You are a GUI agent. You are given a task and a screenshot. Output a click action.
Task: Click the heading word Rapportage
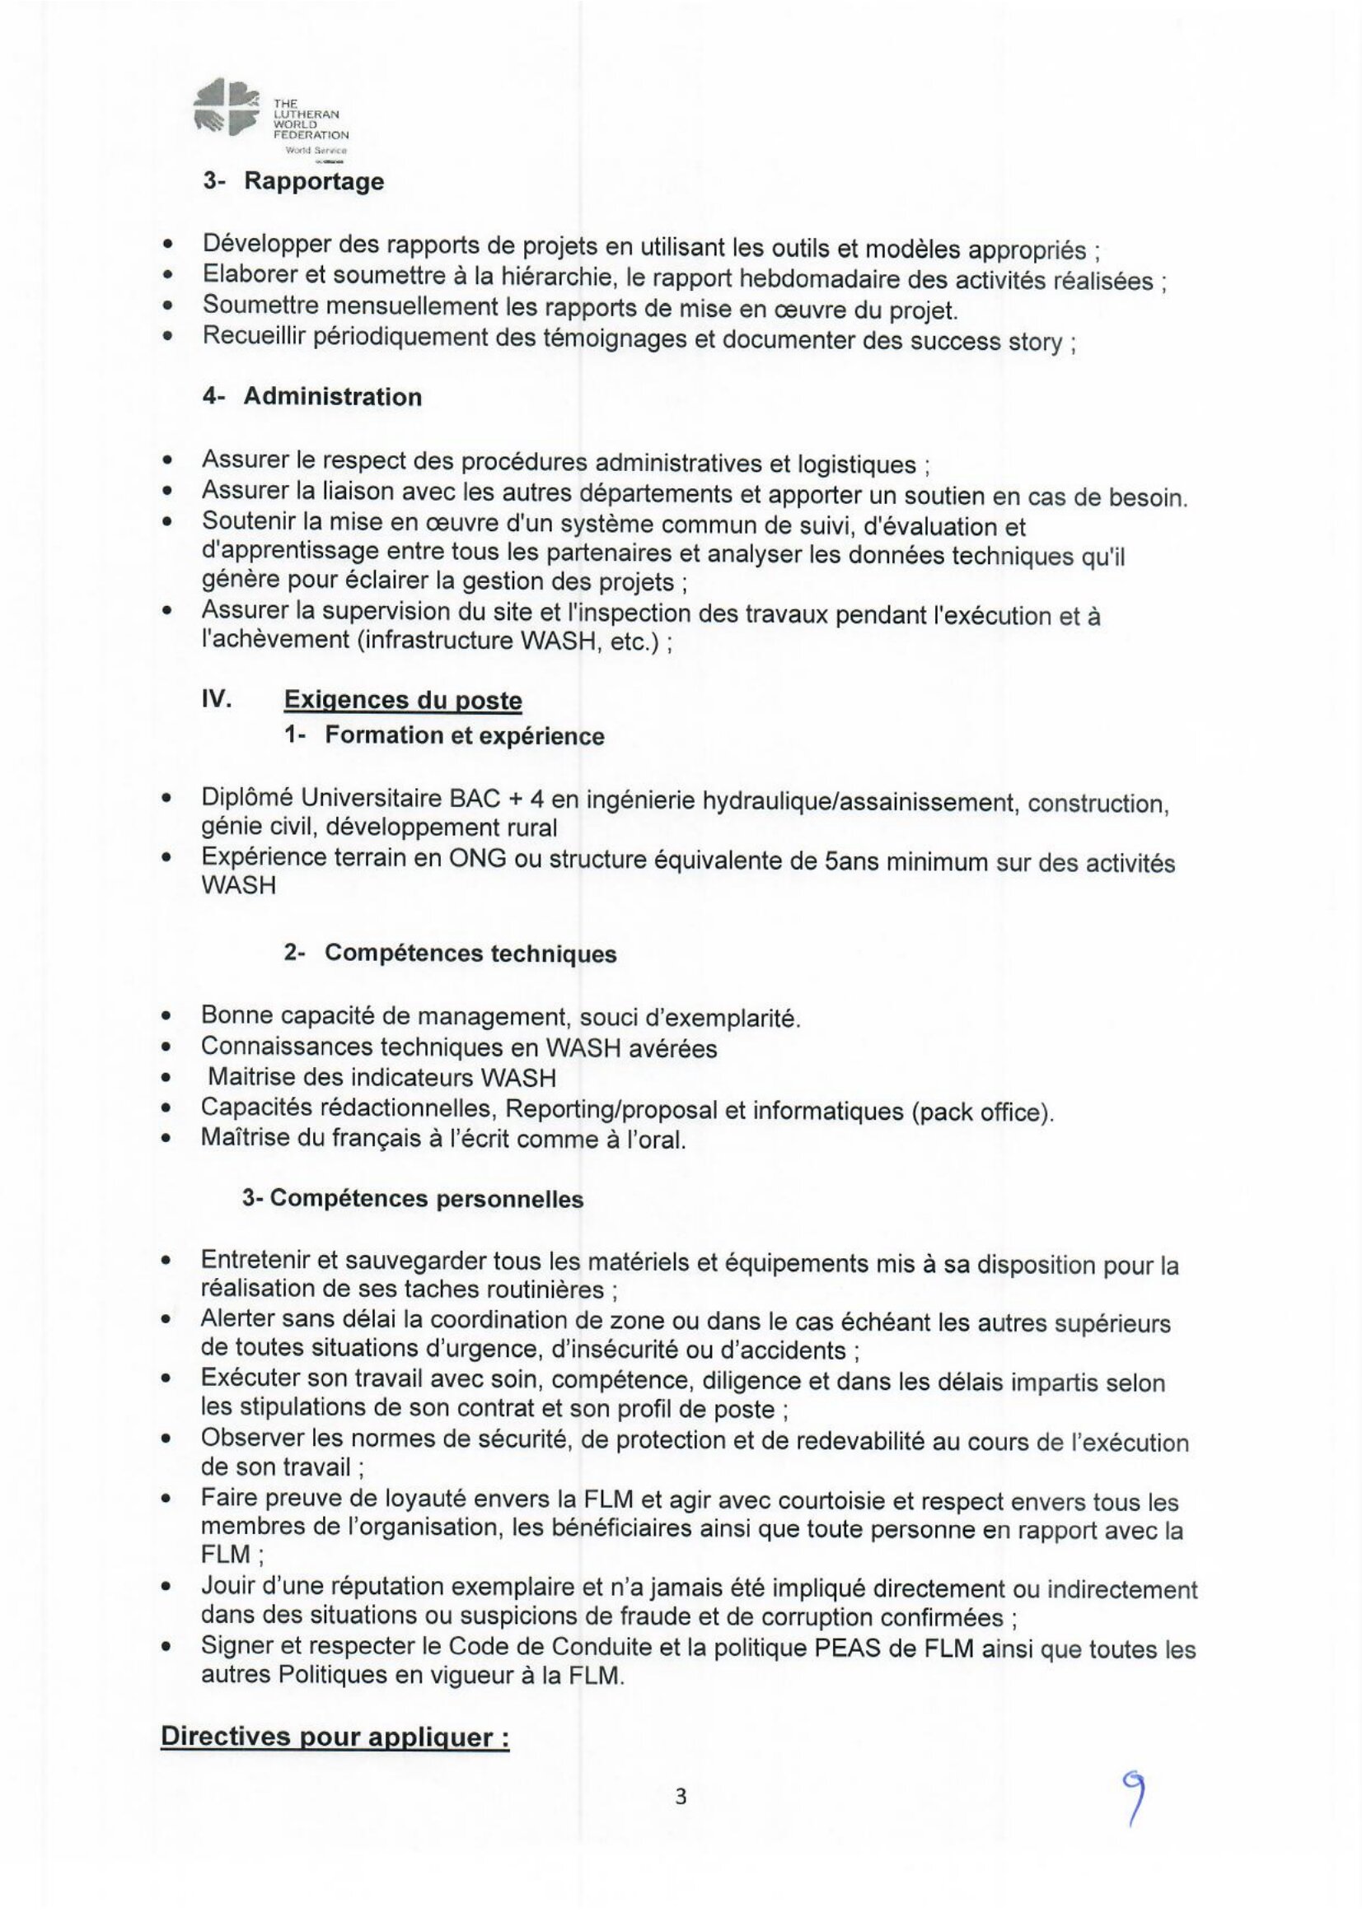(313, 182)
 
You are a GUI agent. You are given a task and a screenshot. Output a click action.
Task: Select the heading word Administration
(332, 397)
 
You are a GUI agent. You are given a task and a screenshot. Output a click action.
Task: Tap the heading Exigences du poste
(403, 701)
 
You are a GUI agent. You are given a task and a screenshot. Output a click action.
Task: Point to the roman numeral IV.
(217, 699)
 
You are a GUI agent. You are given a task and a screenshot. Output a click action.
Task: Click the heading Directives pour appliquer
(335, 1737)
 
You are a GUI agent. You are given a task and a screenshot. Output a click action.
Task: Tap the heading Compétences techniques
(470, 954)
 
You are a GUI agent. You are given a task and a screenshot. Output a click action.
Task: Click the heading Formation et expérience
(464, 735)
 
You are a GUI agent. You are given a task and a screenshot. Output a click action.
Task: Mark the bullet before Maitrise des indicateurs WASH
(169, 1079)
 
